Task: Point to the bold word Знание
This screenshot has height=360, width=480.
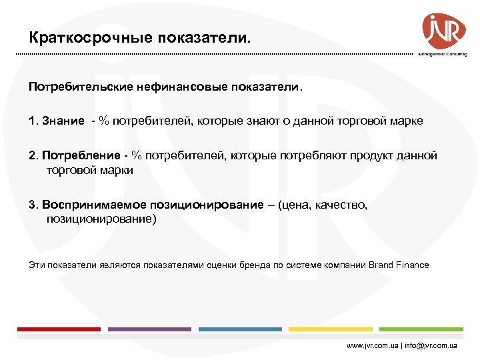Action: click(x=63, y=121)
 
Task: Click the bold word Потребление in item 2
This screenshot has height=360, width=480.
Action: click(x=81, y=155)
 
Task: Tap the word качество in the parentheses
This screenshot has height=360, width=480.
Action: click(x=339, y=205)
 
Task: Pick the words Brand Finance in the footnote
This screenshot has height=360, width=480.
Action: click(x=399, y=265)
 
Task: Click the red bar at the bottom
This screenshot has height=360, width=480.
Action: click(x=59, y=329)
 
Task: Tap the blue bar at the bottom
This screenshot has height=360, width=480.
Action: click(x=240, y=329)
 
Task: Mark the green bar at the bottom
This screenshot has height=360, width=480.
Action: click(x=421, y=329)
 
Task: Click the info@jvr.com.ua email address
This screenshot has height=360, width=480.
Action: click(x=433, y=347)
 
